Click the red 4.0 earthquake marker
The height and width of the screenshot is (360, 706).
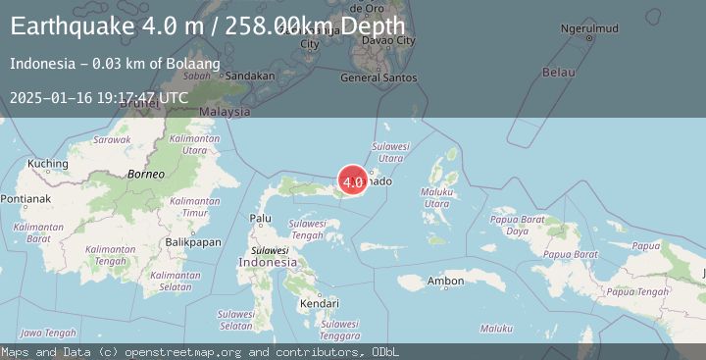353,180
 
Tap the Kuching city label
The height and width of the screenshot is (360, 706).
47,164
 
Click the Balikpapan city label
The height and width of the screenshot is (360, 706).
192,241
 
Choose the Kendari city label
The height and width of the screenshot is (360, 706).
320,304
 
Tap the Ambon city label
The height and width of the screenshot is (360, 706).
445,282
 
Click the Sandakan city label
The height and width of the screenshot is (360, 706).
249,76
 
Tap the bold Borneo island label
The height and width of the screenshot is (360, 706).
145,174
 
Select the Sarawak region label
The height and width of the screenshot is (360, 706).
112,140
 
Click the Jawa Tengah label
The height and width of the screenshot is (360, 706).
47,333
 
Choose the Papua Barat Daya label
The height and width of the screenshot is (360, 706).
517,225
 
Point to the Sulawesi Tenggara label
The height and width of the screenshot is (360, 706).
339,330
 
